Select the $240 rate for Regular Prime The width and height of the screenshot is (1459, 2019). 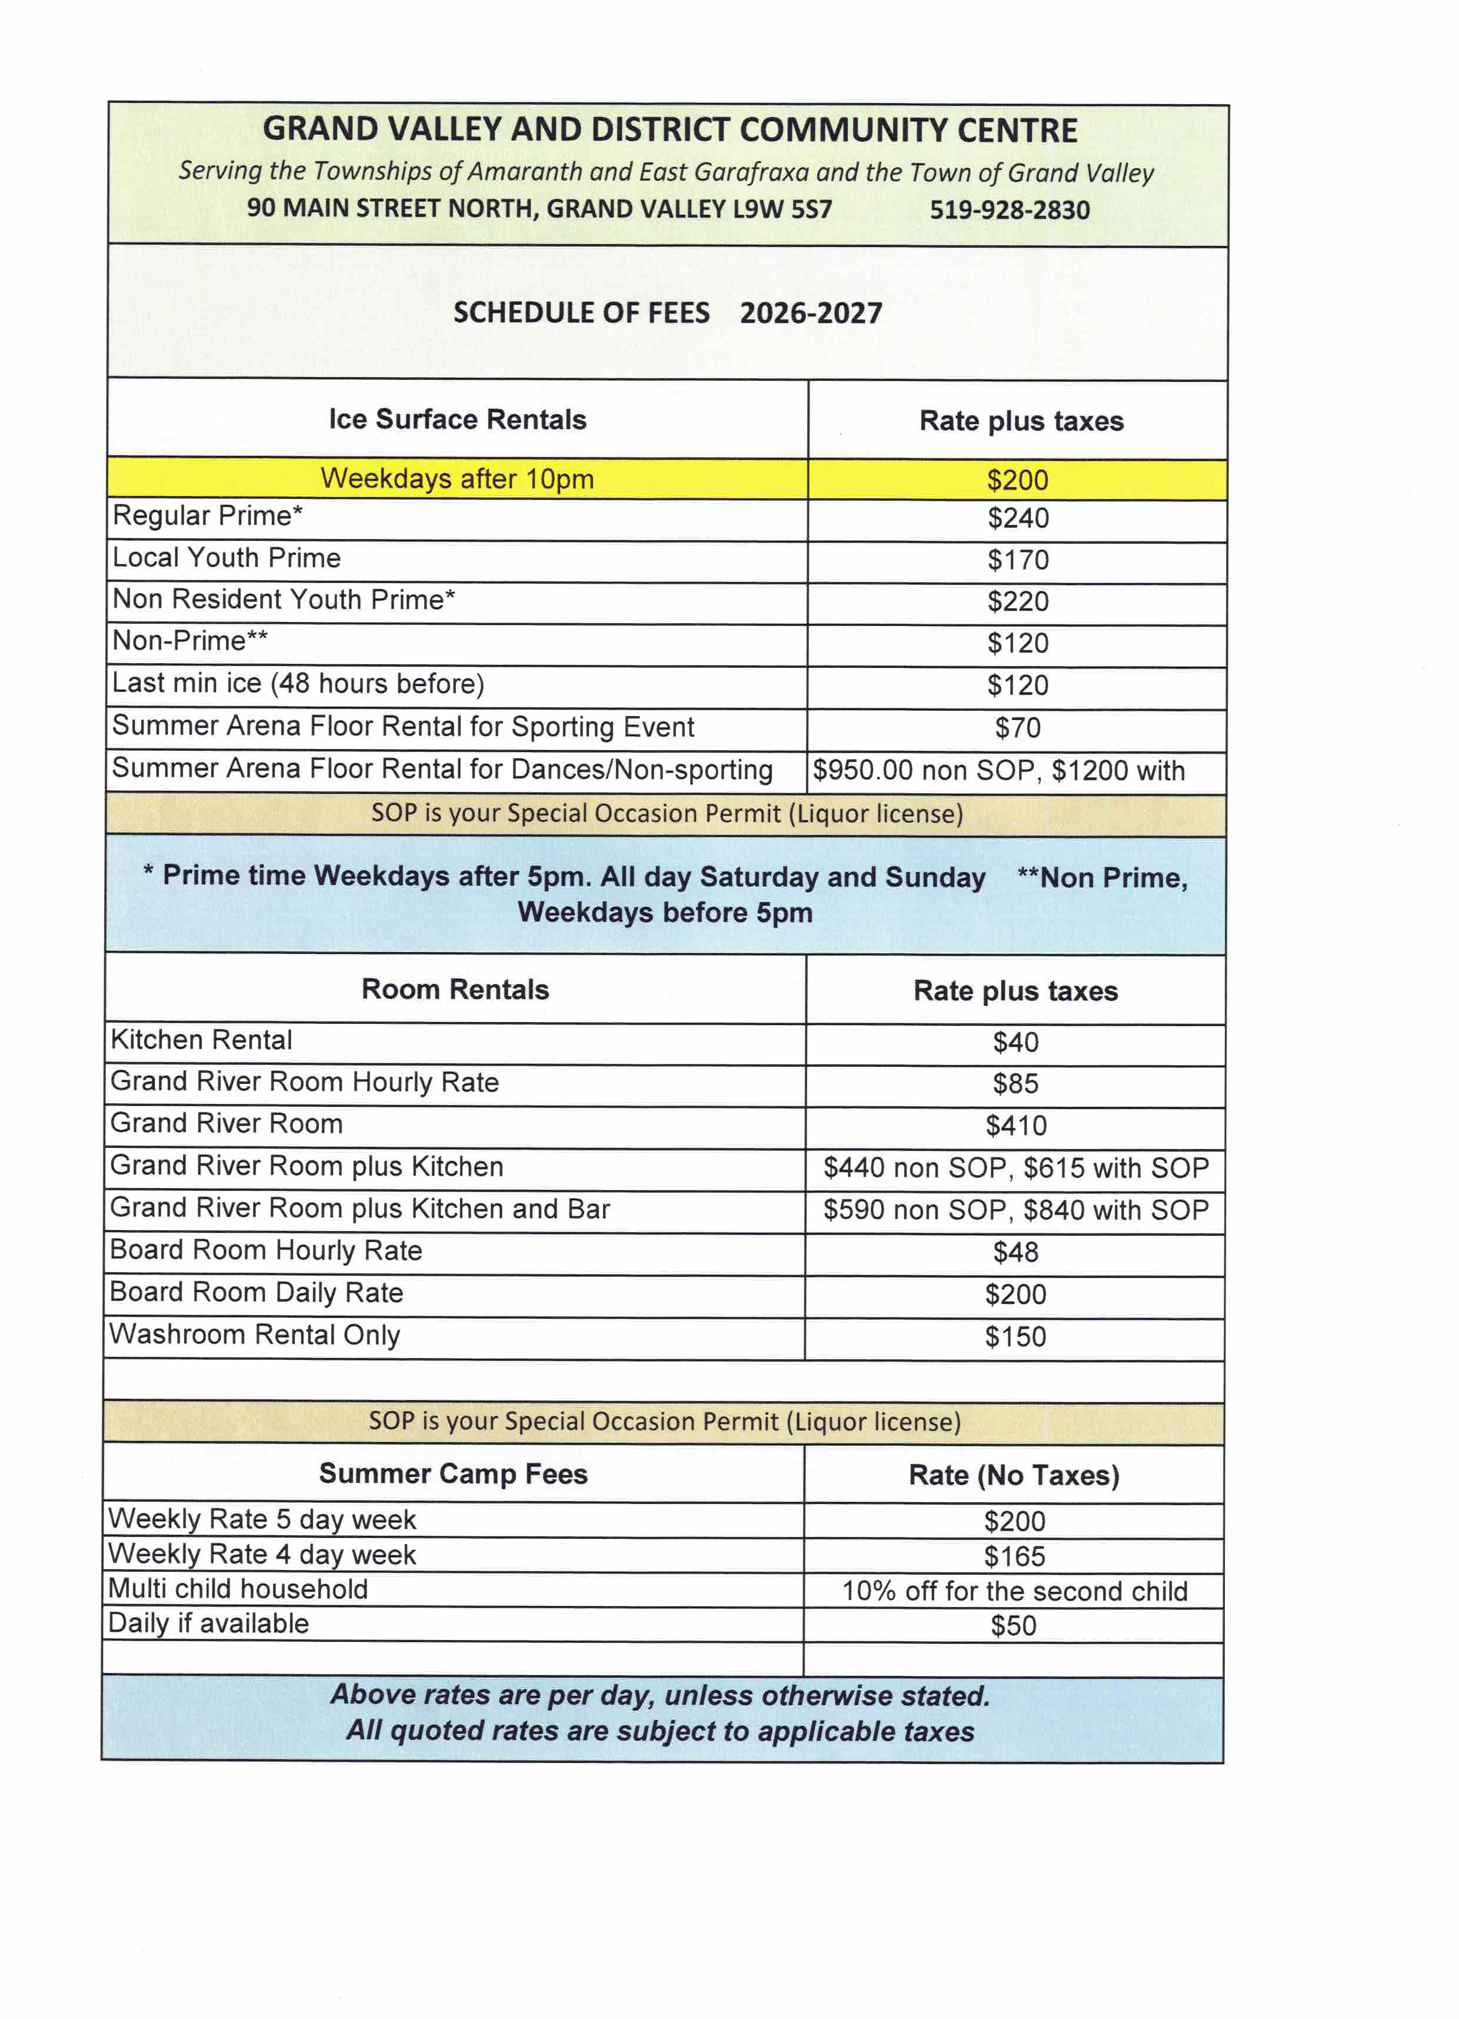point(1017,518)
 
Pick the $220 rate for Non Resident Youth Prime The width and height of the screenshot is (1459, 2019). point(1017,602)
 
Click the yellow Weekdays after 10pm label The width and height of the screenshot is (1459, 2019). point(457,479)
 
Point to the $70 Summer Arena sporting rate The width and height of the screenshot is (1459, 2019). point(1017,728)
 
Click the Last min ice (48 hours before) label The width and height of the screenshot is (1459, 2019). point(298,684)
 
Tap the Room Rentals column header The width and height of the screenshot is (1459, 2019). point(455,989)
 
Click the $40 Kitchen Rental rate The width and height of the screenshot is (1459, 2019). point(1015,1042)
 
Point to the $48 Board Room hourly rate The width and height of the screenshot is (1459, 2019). point(1015,1252)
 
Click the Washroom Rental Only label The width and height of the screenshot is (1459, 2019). point(255,1335)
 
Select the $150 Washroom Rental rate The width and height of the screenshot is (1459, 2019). point(1015,1337)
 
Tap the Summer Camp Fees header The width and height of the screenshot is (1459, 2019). point(453,1473)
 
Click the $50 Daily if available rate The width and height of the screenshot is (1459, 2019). point(1013,1625)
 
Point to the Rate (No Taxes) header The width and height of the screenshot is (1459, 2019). point(1014,1475)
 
